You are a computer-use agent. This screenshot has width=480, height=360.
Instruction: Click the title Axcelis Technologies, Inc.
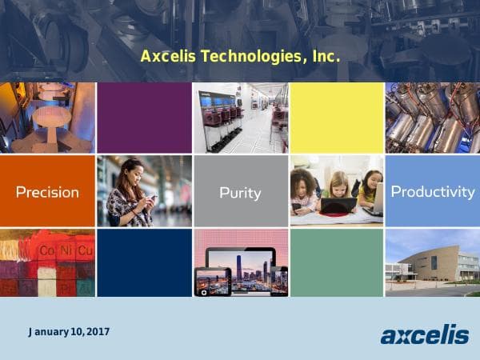(240, 57)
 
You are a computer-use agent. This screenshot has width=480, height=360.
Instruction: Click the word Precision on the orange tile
(47, 192)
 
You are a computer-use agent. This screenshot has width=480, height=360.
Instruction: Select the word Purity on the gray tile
(240, 193)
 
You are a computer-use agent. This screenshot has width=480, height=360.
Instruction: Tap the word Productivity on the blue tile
(432, 192)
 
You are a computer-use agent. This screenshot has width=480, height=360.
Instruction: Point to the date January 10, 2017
(69, 331)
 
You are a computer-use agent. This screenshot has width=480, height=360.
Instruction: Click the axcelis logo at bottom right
(424, 334)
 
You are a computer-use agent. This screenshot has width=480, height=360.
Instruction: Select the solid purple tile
(144, 118)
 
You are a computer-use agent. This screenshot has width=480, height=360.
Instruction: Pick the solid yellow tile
(337, 118)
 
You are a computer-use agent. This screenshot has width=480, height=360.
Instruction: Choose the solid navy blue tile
(144, 262)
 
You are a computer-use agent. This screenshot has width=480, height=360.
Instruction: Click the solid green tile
(337, 262)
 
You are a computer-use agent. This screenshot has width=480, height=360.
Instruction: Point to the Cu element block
(85, 251)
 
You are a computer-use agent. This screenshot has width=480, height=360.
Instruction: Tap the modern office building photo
(432, 262)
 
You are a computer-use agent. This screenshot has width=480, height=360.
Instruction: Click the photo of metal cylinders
(432, 118)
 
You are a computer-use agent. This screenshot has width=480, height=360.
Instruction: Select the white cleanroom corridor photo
(240, 118)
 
